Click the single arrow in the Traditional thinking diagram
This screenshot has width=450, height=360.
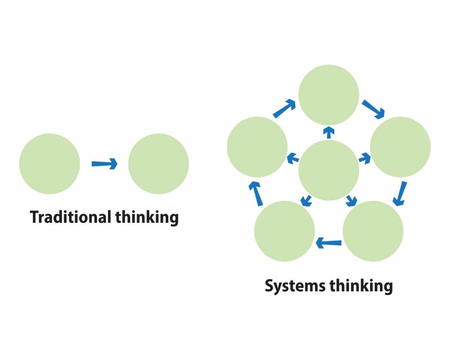(105, 164)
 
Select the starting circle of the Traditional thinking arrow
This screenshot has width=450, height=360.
(50, 164)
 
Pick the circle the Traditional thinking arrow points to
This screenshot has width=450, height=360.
(159, 164)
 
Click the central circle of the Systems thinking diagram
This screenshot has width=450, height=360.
(329, 170)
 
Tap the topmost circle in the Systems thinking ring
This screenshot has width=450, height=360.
(329, 95)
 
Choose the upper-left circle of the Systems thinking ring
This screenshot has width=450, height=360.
(257, 147)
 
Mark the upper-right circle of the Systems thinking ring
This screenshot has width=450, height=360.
(400, 147)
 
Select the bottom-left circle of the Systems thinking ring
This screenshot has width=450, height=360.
(285, 231)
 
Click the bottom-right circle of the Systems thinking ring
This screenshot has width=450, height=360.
(373, 231)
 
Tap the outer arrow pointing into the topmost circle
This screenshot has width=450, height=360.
(284, 109)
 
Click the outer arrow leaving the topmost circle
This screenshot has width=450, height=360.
(374, 109)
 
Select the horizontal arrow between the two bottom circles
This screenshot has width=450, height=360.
(329, 242)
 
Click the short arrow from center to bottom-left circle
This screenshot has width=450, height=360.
(306, 200)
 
